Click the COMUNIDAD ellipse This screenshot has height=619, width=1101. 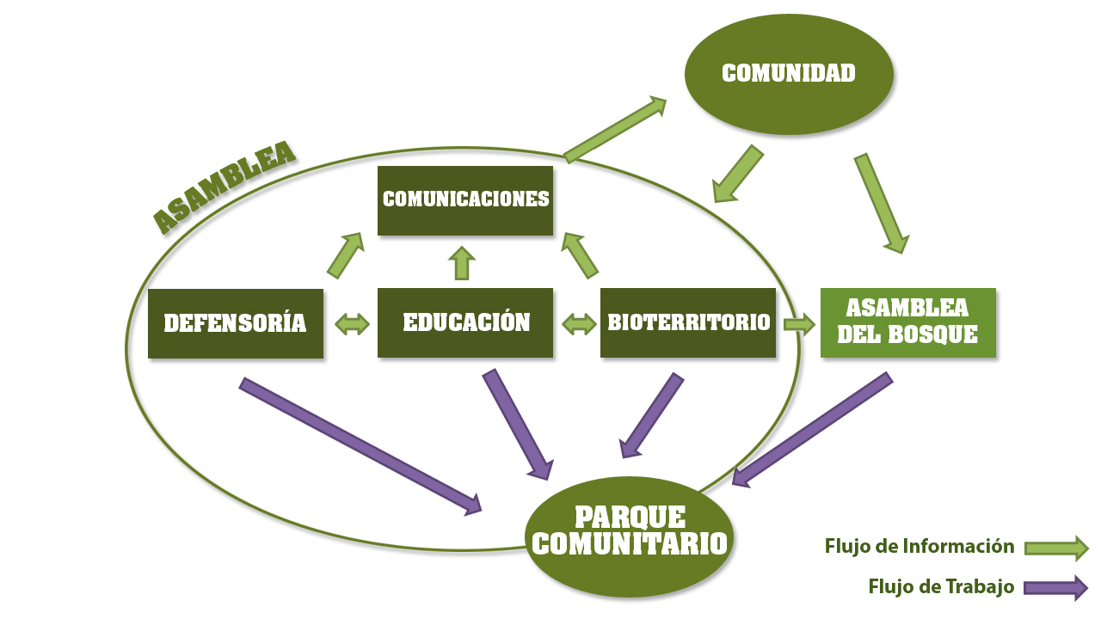coord(789,74)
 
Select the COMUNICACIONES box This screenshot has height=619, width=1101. coord(465,200)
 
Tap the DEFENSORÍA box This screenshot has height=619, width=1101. coord(236,323)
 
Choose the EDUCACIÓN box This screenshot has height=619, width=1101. coord(465,323)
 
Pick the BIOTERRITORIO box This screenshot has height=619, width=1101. coord(688,323)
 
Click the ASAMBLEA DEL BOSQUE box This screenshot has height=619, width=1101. coord(908,322)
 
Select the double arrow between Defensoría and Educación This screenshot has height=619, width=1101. coord(351,324)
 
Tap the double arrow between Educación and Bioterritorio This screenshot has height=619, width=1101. coord(578,324)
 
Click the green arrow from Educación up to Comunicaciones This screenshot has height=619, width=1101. coord(462,263)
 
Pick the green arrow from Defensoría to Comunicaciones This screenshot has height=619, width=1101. coord(346,254)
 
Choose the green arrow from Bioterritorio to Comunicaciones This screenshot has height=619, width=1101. coord(580,255)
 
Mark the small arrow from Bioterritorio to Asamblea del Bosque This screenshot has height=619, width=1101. coord(798,324)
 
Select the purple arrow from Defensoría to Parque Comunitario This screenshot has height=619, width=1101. coord(360,445)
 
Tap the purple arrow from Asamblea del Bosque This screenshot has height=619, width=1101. coord(812,431)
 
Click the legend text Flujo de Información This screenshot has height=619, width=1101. coord(920,546)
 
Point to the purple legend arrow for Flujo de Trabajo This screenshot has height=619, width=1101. coord(1055,588)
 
